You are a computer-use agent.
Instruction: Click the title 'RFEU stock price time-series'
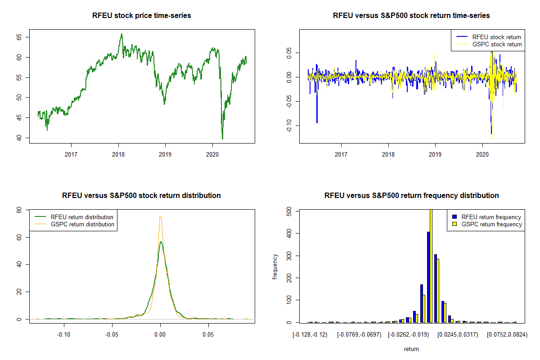142,16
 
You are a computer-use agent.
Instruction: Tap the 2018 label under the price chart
118,154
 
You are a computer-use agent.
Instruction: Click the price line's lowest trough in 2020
222,139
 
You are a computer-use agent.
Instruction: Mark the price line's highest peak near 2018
121,34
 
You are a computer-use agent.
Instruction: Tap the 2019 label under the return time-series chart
435,154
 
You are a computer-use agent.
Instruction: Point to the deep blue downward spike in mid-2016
317,122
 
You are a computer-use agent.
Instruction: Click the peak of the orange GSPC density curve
160,216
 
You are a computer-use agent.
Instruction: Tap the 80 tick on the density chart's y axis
18,210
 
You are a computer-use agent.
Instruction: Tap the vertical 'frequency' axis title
275,266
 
